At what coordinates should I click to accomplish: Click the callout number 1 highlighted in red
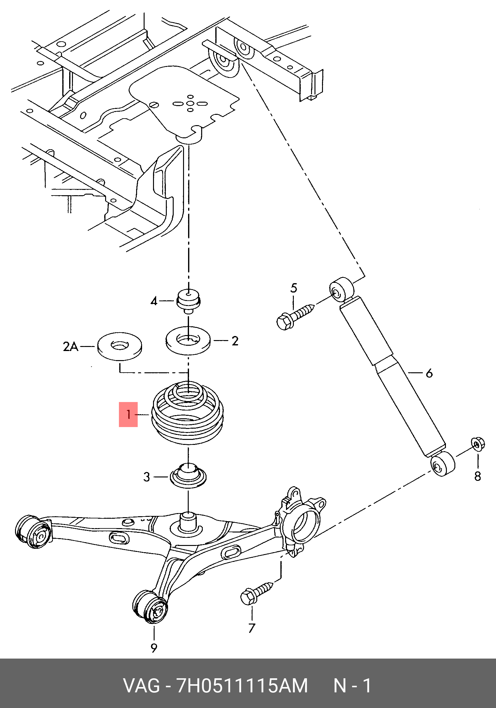tap(128, 415)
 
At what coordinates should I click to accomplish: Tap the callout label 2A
tap(70, 346)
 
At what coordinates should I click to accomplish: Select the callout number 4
tap(154, 301)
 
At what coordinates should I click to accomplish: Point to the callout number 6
tap(429, 373)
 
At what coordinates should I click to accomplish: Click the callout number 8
tap(478, 476)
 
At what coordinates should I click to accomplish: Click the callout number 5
tap(294, 288)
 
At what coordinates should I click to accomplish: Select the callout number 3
tap(147, 477)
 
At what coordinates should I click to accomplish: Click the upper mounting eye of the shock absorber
tap(342, 289)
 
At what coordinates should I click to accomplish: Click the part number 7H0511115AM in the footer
tap(242, 686)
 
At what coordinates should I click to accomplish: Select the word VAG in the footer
tap(141, 686)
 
